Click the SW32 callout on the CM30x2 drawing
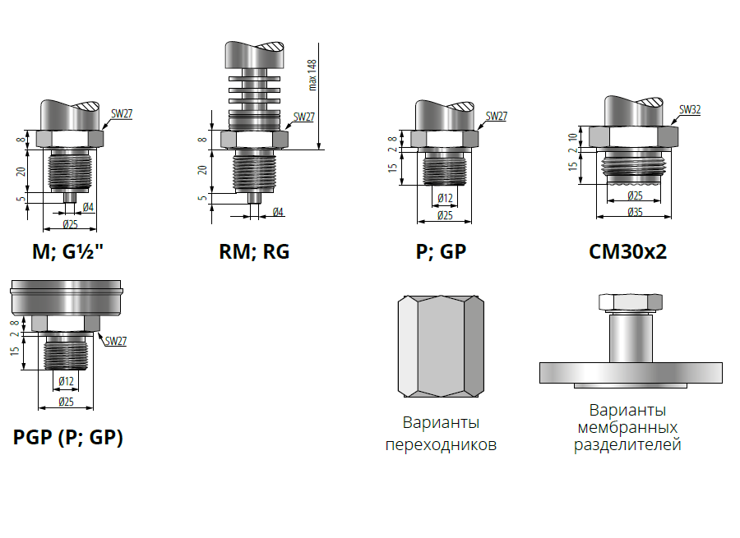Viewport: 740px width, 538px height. tap(690, 109)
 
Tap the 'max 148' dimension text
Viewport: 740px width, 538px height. tap(312, 75)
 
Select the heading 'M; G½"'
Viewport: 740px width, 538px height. tap(67, 251)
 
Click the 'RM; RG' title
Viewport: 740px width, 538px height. tap(254, 251)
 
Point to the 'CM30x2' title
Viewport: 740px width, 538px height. tap(627, 251)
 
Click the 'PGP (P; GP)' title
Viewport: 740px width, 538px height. tap(68, 437)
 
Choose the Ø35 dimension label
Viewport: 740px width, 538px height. tap(636, 212)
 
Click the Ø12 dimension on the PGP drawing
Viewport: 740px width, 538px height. tap(66, 381)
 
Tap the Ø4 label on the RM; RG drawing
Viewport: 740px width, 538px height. tap(278, 212)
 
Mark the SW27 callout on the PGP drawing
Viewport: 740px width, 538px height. tap(116, 340)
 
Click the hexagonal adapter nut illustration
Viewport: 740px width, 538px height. tap(441, 346)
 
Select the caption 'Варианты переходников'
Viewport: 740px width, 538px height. tap(441, 434)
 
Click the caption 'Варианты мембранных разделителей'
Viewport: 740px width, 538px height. tap(627, 427)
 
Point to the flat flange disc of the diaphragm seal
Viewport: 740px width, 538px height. tap(631, 373)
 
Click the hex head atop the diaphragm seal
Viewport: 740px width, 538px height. tap(631, 301)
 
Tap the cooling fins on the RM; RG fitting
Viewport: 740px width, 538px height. tap(254, 89)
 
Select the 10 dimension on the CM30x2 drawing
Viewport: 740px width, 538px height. tap(573, 138)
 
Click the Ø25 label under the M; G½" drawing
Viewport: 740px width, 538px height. tap(71, 224)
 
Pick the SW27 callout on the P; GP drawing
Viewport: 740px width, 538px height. tap(497, 116)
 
